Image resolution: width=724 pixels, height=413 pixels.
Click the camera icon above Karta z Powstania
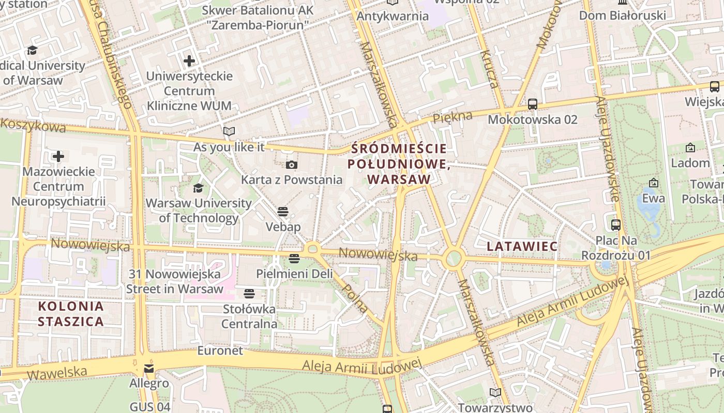tap(292, 165)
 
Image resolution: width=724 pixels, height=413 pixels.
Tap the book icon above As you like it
tap(229, 132)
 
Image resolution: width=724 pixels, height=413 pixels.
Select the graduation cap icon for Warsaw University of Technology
tap(198, 188)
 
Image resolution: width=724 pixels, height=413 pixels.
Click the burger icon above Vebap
tap(282, 212)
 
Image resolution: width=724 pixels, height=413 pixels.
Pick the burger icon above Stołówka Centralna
tap(249, 294)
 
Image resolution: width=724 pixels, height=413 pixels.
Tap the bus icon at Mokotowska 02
tap(533, 104)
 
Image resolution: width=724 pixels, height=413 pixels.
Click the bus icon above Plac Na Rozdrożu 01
tap(615, 225)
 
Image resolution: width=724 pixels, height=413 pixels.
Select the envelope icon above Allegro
tap(149, 369)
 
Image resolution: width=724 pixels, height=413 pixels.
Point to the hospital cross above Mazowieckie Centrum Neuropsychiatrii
tap(58, 156)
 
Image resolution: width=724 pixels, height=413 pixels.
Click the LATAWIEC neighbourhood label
tap(522, 246)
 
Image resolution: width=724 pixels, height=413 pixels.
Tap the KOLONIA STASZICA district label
tap(71, 314)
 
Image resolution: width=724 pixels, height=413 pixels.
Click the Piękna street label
tap(452, 117)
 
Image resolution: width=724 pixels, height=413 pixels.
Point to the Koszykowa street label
tap(33, 125)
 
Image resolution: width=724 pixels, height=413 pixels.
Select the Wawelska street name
tap(57, 372)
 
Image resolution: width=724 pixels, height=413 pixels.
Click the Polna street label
tap(356, 299)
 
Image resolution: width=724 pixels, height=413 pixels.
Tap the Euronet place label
tap(220, 351)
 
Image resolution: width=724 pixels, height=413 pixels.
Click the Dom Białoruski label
tap(622, 15)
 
